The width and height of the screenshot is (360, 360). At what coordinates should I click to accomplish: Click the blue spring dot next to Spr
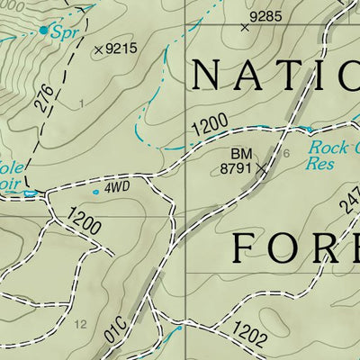[x=43, y=30]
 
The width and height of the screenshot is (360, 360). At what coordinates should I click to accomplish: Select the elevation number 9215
[x=121, y=49]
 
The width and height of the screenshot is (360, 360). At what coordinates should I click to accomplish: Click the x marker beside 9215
[x=98, y=49]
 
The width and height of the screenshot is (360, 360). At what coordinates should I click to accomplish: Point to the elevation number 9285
[x=266, y=16]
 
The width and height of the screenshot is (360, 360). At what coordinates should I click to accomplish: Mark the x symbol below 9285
[x=244, y=27]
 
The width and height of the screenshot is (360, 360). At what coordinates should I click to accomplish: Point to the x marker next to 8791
[x=262, y=167]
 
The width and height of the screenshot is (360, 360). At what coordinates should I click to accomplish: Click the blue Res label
[x=319, y=164]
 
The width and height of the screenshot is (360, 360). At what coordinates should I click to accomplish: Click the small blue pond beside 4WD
[x=95, y=191]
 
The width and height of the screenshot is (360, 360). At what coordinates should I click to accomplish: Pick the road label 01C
[x=115, y=330]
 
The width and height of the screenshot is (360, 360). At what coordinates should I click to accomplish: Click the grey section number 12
[x=81, y=323]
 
